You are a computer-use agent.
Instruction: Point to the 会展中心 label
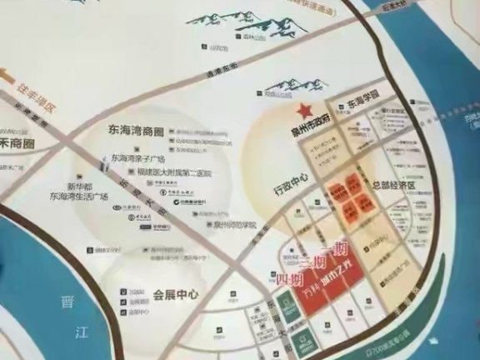(x=174, y=294)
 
